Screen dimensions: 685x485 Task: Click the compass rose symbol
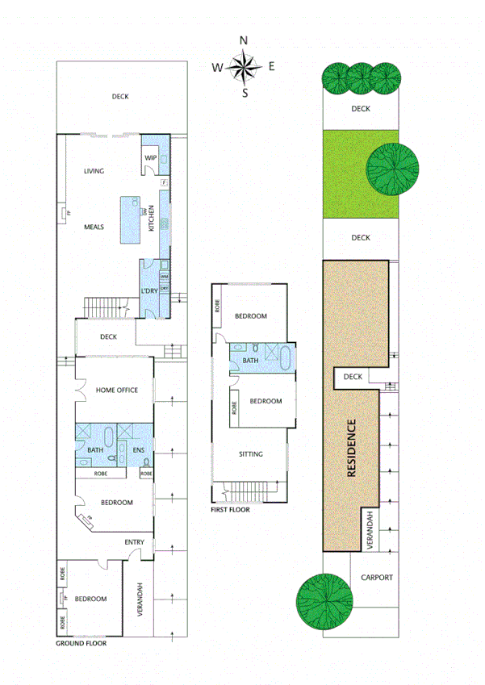click(245, 67)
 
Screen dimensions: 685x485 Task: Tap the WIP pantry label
click(150, 157)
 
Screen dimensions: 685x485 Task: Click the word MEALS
click(94, 227)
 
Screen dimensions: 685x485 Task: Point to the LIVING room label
click(94, 170)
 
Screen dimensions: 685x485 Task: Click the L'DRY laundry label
click(148, 290)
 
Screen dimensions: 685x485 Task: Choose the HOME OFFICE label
click(117, 391)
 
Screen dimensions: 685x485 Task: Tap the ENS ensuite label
click(137, 450)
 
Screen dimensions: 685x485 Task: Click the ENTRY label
click(134, 542)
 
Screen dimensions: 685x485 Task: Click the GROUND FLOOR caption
click(81, 643)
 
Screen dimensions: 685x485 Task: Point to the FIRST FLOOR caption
click(230, 509)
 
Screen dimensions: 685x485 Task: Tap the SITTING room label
click(251, 454)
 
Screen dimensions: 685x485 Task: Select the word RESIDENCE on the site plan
click(352, 449)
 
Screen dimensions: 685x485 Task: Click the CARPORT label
click(377, 578)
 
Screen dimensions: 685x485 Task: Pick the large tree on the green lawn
click(393, 169)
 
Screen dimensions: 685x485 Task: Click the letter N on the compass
click(245, 40)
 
